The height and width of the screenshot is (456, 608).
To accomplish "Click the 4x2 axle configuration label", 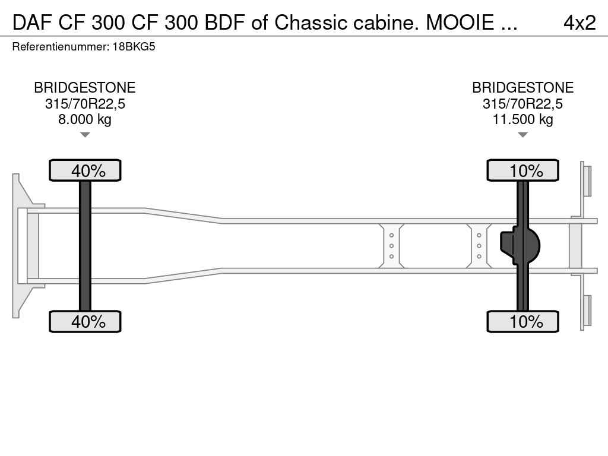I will coord(579,22).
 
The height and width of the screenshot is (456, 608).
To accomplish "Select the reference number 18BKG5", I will coord(134,46).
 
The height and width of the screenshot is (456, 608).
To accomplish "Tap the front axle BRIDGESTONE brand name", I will coord(85,88).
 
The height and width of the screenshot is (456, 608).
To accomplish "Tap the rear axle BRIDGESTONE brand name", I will coord(522,88).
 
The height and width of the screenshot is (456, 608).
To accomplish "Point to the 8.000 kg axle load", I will coord(85,119).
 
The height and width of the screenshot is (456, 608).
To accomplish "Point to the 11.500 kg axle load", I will coord(522,119).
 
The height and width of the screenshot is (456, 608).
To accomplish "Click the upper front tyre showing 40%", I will coord(85,170).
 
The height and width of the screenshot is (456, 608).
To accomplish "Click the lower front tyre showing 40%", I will coord(85,322).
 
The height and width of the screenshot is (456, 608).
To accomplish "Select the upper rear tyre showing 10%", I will coord(522,170).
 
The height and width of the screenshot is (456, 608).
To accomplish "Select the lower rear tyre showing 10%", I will coord(522,322).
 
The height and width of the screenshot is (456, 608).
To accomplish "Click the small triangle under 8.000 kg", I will coord(85,135).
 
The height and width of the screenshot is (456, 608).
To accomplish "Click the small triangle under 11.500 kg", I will coord(522,135).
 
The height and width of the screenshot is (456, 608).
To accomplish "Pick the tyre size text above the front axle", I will coord(85,104).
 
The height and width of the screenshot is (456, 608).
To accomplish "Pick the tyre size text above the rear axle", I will coord(522,104).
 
